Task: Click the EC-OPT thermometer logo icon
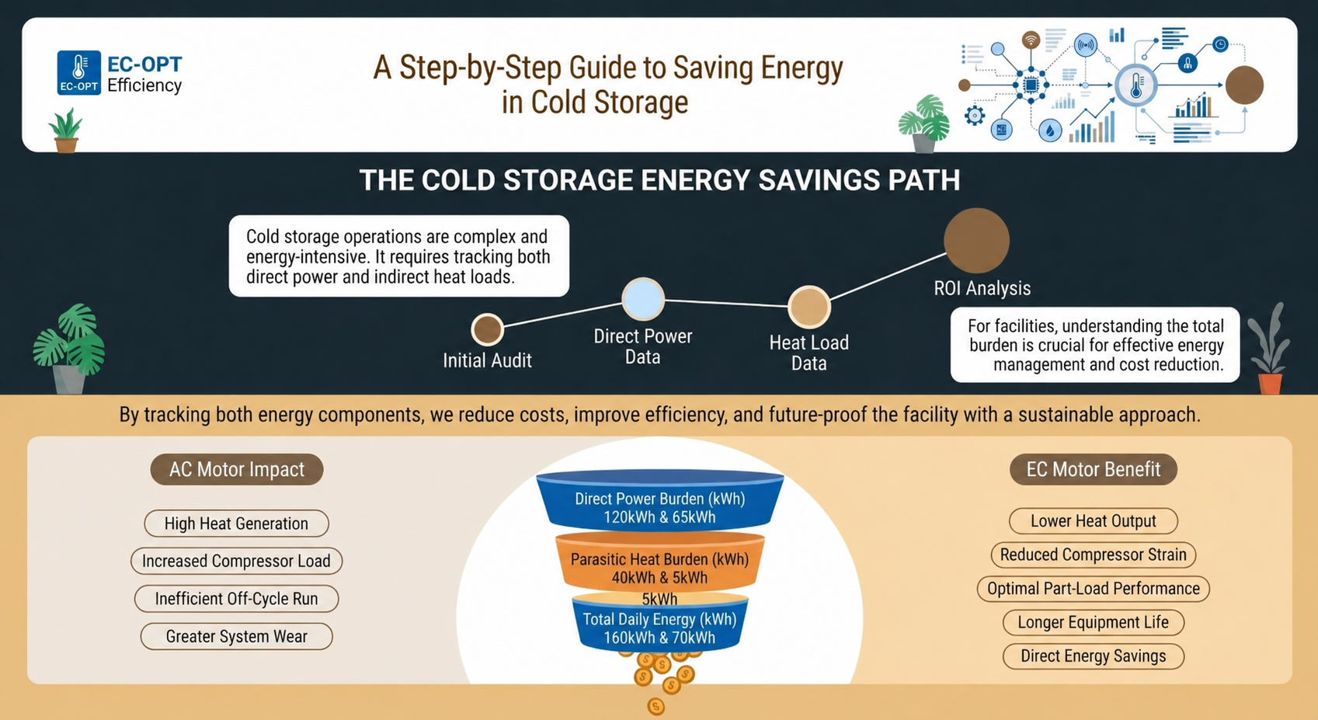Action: tap(78, 72)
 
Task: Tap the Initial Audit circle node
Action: tap(487, 329)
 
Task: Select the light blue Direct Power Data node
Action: tap(642, 299)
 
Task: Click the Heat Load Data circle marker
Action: tap(809, 307)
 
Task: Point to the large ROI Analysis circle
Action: tap(976, 241)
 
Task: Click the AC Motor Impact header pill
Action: tap(236, 469)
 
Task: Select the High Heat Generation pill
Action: tap(236, 523)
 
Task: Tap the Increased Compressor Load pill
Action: tap(236, 561)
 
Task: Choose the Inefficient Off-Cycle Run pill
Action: tap(236, 599)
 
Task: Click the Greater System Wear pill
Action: tap(236, 636)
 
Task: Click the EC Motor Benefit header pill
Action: tap(1093, 469)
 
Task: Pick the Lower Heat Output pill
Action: tap(1093, 521)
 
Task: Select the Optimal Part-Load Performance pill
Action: tap(1093, 589)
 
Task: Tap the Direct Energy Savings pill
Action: tap(1093, 656)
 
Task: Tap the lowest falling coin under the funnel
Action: tap(656, 706)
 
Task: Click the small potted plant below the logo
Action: tap(65, 131)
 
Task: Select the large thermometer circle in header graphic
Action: tap(1136, 85)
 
